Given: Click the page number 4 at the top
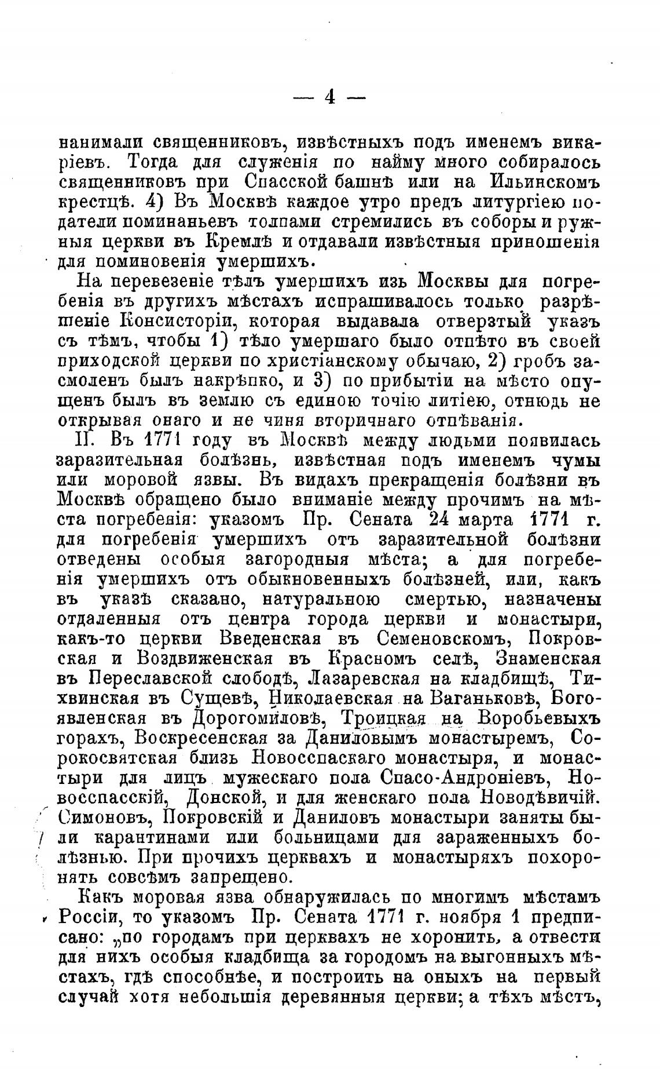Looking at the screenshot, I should point(329,97).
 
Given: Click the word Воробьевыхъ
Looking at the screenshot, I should point(538,719).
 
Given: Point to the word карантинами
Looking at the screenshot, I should point(153,839).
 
